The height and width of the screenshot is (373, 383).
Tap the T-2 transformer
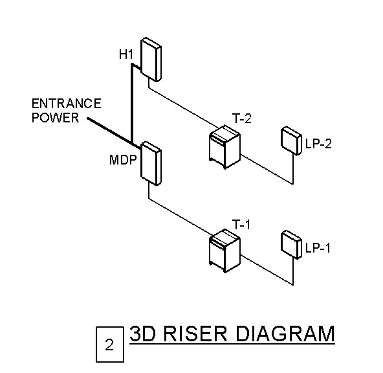pyautogui.click(x=224, y=147)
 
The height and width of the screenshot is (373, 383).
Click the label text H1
pyautogui.click(x=126, y=56)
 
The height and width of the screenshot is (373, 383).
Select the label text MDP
pyautogui.click(x=123, y=159)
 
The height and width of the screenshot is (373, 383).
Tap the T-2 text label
pyautogui.click(x=241, y=119)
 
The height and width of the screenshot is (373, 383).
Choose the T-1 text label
pyautogui.click(x=241, y=225)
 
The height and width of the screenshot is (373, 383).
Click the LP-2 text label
pyautogui.click(x=318, y=144)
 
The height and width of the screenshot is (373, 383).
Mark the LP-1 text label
pyautogui.click(x=318, y=248)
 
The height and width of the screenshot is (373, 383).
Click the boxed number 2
pyautogui.click(x=109, y=345)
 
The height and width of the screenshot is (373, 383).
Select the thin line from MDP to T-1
pyautogui.click(x=184, y=214)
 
